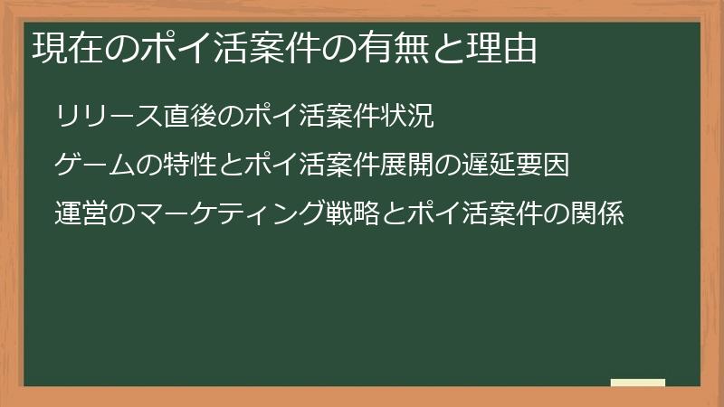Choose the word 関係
click(597, 217)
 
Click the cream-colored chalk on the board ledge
click(637, 383)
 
